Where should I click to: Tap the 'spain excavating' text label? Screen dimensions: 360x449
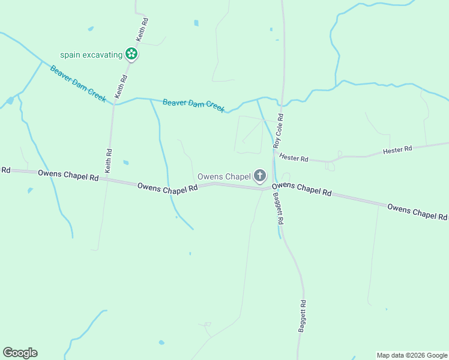pos(91,55)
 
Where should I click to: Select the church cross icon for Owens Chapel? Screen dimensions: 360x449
pos(259,176)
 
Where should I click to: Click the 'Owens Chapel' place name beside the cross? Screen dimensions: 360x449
pos(224,176)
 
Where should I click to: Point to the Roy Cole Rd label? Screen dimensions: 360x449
pos(278,131)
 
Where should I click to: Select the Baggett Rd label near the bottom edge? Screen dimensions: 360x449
pos(303,316)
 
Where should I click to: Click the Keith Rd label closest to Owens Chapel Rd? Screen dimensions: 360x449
pos(109,161)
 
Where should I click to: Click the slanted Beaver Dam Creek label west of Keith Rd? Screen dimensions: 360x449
pos(78,83)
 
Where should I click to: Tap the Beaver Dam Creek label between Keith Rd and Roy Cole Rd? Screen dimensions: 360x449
pos(193,104)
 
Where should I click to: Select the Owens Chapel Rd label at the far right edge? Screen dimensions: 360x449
pos(418,212)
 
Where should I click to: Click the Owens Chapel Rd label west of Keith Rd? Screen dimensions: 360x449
pos(68,175)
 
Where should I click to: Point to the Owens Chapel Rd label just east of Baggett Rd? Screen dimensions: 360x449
pos(306,189)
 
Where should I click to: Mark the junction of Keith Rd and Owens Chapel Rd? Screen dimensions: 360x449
pos(106,179)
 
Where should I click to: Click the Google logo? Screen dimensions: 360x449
pos(20,353)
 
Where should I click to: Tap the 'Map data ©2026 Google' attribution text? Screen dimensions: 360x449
pos(412,355)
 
